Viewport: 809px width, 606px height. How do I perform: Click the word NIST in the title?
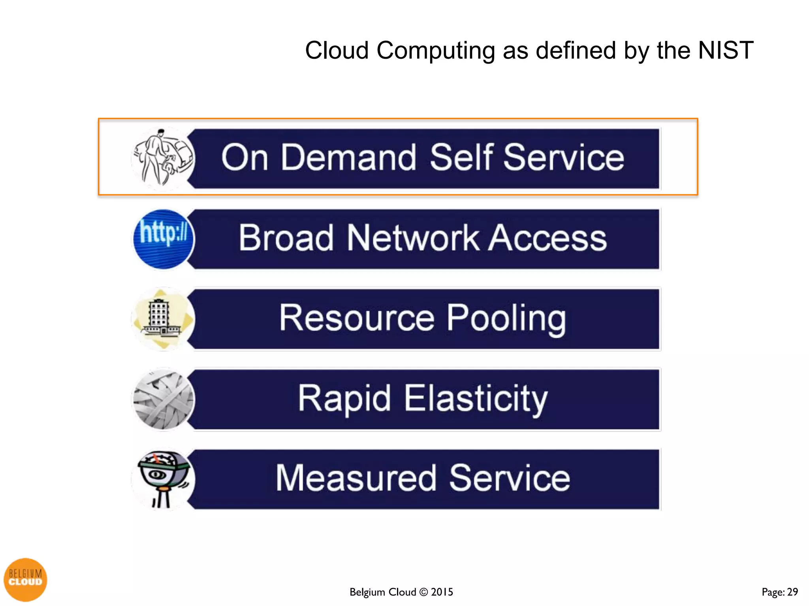tap(726, 50)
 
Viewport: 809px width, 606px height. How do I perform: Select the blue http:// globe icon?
tap(163, 239)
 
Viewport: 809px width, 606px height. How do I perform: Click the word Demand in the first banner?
tap(348, 157)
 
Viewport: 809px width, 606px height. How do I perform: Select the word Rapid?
tap(344, 399)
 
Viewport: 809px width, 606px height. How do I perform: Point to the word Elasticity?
tap(476, 399)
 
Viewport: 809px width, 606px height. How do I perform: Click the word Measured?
tap(356, 478)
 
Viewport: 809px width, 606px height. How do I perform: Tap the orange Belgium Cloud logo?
tap(25, 579)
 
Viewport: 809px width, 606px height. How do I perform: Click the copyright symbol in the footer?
tap(423, 592)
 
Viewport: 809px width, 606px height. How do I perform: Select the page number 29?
tap(792, 592)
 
